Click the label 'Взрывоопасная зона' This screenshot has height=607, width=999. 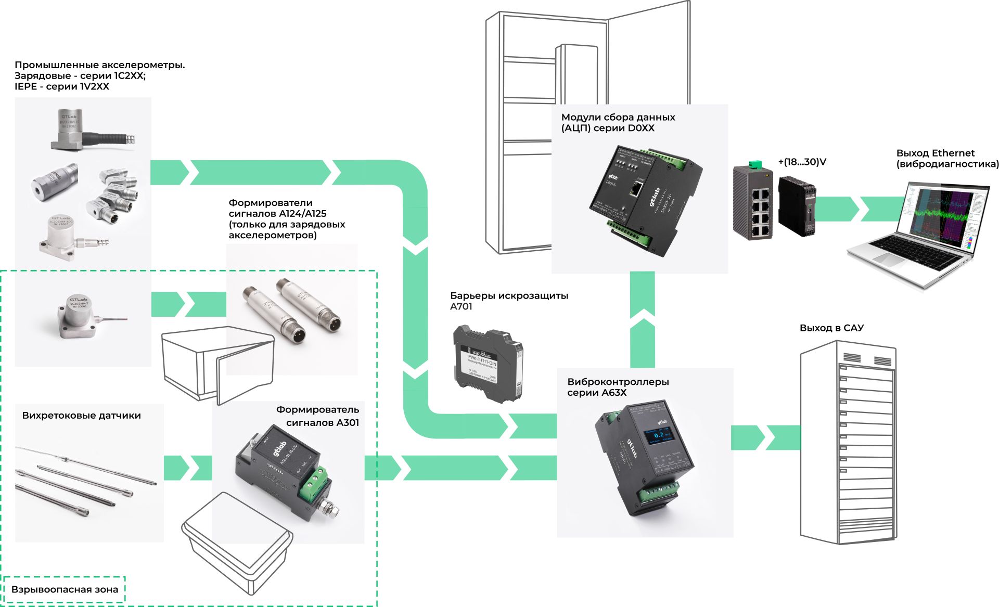click(x=65, y=589)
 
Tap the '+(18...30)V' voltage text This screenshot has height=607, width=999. click(x=802, y=162)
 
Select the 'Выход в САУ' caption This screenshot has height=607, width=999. click(x=831, y=328)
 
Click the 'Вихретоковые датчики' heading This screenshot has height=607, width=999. click(x=81, y=416)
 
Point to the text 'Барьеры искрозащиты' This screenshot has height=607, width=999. click(x=509, y=295)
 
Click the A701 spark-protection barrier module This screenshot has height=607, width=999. click(x=488, y=364)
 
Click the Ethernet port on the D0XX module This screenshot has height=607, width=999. click(x=636, y=188)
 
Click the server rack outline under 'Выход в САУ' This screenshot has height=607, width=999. click(x=847, y=442)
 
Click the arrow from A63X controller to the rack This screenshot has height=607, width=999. click(x=765, y=437)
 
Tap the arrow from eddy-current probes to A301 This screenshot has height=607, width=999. click(x=187, y=468)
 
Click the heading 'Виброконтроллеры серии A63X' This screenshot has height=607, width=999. click(x=618, y=387)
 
